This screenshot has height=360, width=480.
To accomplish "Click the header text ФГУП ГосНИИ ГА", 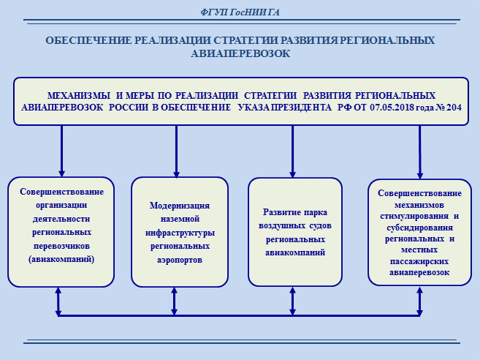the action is (x=240, y=12).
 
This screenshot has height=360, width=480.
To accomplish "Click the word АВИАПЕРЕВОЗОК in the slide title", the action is (x=240, y=53).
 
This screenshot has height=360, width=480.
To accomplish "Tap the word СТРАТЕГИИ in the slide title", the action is (x=245, y=40).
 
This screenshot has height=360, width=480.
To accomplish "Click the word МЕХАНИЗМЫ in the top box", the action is (x=79, y=96).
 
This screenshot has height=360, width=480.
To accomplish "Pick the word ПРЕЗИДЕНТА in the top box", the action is (x=301, y=108).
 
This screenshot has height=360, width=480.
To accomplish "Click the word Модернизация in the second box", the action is (x=180, y=206).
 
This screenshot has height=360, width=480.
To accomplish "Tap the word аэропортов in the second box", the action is (x=180, y=260).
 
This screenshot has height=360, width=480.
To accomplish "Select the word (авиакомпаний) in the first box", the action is (x=61, y=260).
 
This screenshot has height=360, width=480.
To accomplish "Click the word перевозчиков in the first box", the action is (x=61, y=246).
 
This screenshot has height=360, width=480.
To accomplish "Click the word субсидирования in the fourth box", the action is (x=419, y=228).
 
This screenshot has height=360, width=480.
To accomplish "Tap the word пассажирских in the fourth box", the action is (x=419, y=261).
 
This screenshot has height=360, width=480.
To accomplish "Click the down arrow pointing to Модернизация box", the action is (x=176, y=151).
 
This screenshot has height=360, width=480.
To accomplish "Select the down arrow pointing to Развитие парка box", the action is (x=293, y=151).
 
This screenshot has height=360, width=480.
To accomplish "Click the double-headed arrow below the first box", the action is (x=58, y=301).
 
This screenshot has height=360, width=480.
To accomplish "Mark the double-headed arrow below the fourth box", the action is (x=419, y=301).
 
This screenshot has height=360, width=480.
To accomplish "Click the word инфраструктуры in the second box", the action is (x=180, y=233).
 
